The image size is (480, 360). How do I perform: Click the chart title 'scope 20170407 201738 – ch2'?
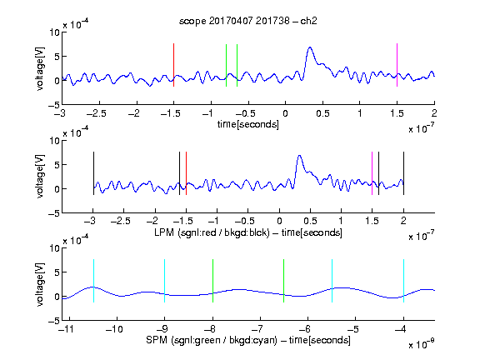pyautogui.click(x=248, y=21)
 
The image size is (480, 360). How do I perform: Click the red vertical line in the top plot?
pyautogui.click(x=173, y=65)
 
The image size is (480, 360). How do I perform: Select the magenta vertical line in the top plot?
pyautogui.click(x=397, y=65)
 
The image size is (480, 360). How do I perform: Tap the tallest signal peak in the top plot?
pyautogui.click(x=310, y=47)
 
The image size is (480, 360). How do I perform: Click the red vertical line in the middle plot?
pyautogui.click(x=186, y=173)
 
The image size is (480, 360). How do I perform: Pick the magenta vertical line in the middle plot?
pyautogui.click(x=372, y=173)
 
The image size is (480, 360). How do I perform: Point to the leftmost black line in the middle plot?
pyautogui.click(x=93, y=173)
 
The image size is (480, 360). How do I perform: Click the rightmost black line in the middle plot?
pyautogui.click(x=403, y=173)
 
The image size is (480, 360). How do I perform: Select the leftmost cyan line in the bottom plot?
pyautogui.click(x=93, y=281)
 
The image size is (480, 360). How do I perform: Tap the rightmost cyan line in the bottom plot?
pyautogui.click(x=403, y=281)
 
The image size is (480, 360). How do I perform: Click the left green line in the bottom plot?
pyautogui.click(x=212, y=281)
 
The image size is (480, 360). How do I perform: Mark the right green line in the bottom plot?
pyautogui.click(x=284, y=281)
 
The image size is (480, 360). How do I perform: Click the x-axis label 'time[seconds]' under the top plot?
pyautogui.click(x=248, y=124)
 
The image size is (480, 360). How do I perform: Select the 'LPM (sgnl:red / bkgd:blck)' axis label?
pyautogui.click(x=212, y=232)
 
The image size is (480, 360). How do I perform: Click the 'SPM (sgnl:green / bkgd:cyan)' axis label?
pyautogui.click(x=212, y=340)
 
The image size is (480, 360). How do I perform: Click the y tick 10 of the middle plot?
pyautogui.click(x=54, y=141)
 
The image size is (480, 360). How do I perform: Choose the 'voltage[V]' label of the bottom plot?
pyautogui.click(x=40, y=284)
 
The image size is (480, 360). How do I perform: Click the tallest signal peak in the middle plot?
pyautogui.click(x=300, y=156)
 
